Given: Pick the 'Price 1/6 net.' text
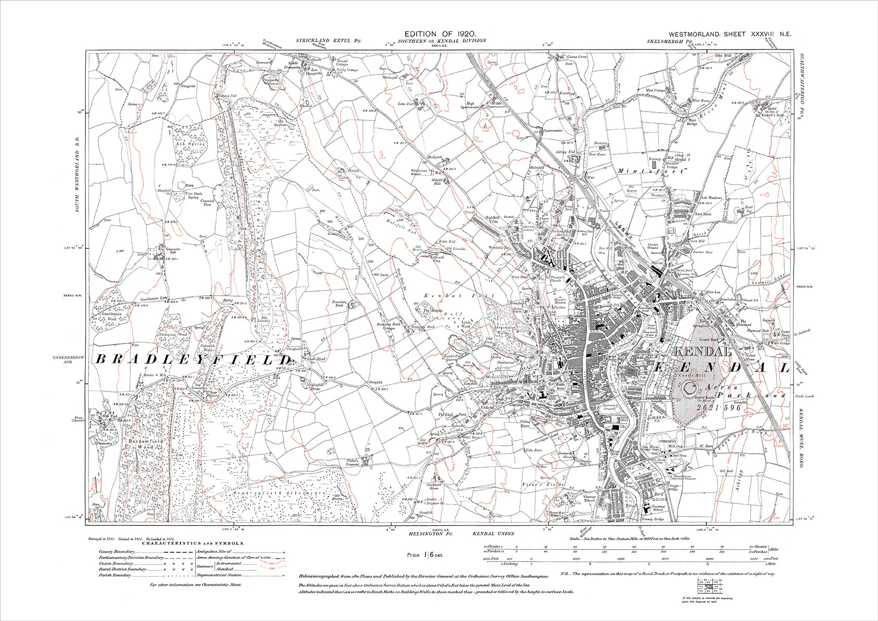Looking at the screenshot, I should pos(425,555).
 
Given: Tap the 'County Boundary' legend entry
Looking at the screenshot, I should pos(115,551).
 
